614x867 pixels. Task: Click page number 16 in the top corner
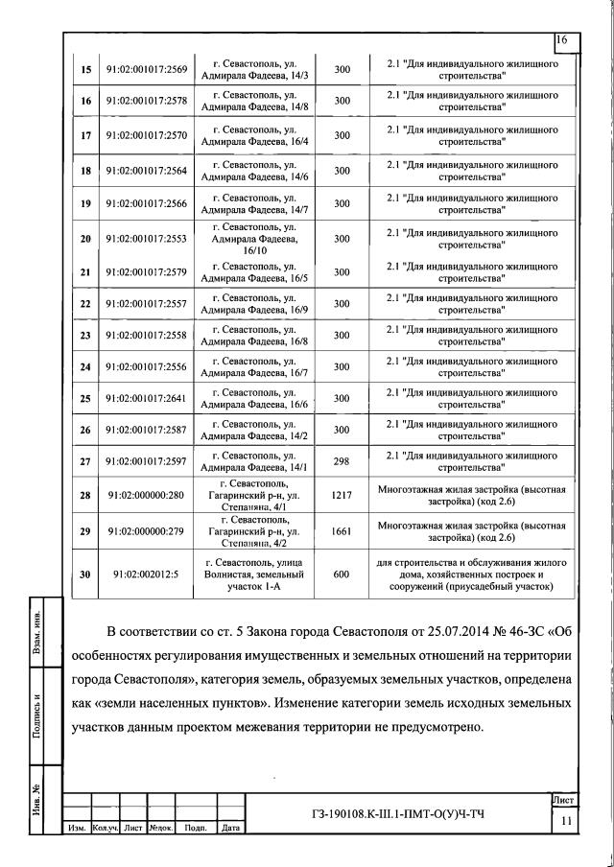562,40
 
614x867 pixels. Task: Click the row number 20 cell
85,238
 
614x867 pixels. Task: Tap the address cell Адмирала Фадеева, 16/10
255,238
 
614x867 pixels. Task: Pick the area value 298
342,462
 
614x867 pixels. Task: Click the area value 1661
342,530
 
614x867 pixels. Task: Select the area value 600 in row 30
342,574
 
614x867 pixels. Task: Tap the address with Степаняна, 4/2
255,530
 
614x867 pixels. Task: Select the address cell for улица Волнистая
255,574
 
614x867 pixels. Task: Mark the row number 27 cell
85,462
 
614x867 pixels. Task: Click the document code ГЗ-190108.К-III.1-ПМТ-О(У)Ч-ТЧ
398,814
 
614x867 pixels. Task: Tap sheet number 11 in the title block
565,822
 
